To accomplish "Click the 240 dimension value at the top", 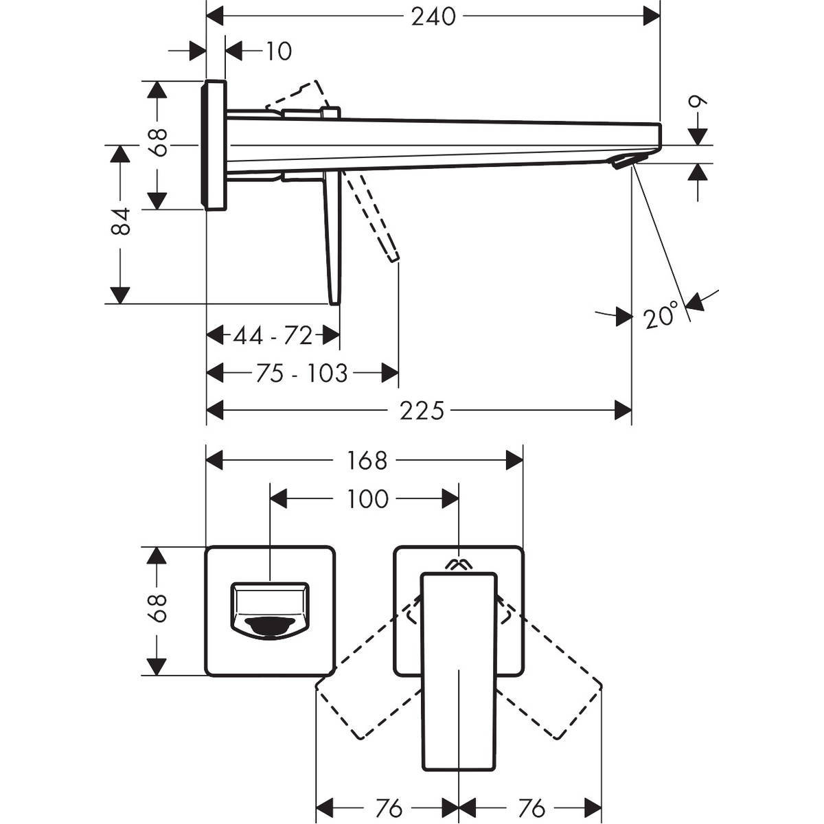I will pyautogui.click(x=433, y=16).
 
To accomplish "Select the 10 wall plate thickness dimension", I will pyautogui.click(x=278, y=51).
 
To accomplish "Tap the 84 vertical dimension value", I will pyautogui.click(x=121, y=222).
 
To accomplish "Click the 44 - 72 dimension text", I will pyautogui.click(x=273, y=336).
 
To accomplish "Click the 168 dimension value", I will pyautogui.click(x=367, y=460).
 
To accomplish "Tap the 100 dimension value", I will pyautogui.click(x=368, y=499).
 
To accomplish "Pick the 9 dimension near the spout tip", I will pyautogui.click(x=698, y=104).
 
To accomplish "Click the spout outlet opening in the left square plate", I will pyautogui.click(x=271, y=625).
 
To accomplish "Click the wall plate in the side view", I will pyautogui.click(x=214, y=144).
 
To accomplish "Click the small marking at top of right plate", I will pyautogui.click(x=459, y=564).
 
